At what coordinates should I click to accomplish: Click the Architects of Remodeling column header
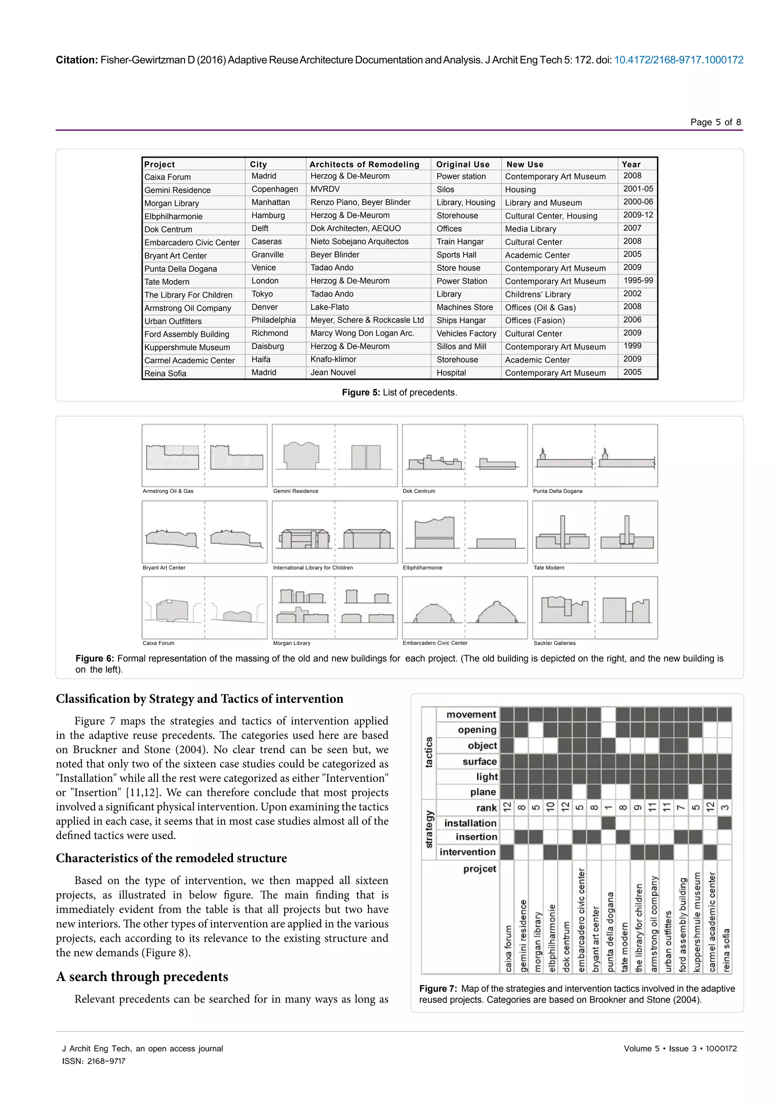coord(364,164)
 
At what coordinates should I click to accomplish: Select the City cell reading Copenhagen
coord(275,189)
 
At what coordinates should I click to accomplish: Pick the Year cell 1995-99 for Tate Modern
coord(638,280)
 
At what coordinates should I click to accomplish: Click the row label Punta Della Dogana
coord(180,269)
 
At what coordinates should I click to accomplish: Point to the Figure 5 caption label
coord(361,392)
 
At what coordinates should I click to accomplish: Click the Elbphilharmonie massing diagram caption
coord(422,567)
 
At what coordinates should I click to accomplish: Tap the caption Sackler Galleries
coord(554,643)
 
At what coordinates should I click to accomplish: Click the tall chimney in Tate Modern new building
coord(562,529)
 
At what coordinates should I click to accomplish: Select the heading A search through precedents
coord(142,976)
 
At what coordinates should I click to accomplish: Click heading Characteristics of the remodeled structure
coord(171,858)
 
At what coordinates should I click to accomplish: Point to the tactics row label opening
coord(477,730)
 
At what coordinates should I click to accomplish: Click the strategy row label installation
coord(470,823)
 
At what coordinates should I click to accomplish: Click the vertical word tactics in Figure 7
coord(429,752)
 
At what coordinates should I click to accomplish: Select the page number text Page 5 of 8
coord(715,122)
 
